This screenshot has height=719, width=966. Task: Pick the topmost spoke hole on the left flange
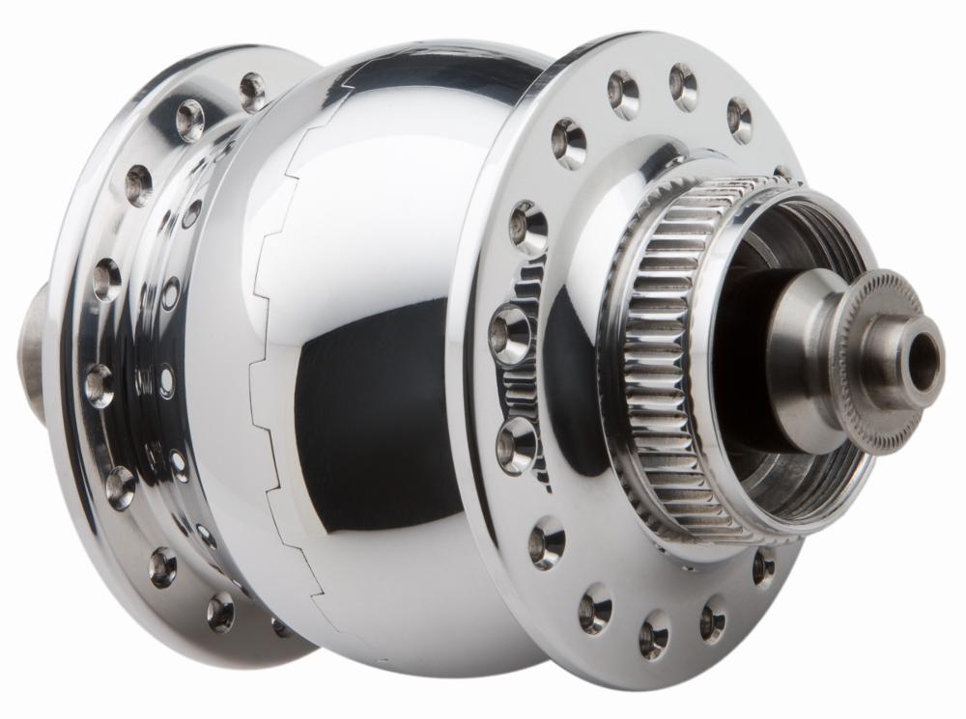[253, 91]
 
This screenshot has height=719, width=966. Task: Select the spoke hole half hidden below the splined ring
[763, 567]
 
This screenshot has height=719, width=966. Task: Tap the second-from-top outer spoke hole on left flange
[189, 120]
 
